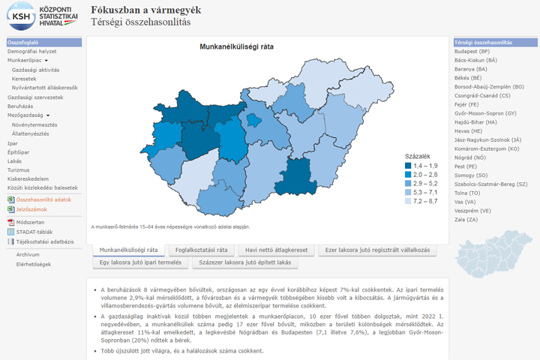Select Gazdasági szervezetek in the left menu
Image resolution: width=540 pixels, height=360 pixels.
pyautogui.click(x=35, y=97)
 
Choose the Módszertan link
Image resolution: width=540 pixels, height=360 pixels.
pyautogui.click(x=30, y=223)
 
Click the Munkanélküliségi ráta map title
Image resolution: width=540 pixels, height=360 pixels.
pyautogui.click(x=235, y=46)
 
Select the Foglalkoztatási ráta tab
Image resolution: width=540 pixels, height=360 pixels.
pyautogui.click(x=201, y=250)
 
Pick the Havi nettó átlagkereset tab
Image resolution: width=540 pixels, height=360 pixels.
pyautogui.click(x=277, y=250)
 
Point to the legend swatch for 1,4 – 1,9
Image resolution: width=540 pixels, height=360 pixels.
pyautogui.click(x=408, y=166)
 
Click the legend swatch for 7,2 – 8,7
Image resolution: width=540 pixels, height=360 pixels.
pyautogui.click(x=408, y=202)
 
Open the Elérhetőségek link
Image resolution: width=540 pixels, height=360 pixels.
pyautogui.click(x=34, y=264)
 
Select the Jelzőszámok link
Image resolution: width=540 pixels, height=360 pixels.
pyautogui.click(x=31, y=209)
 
